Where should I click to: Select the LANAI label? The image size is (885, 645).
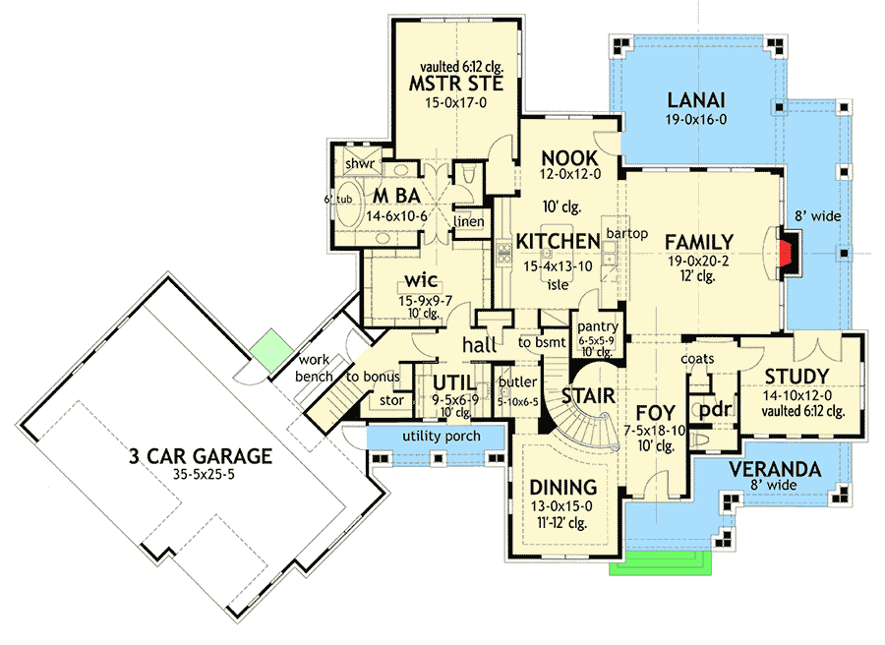[x=696, y=99]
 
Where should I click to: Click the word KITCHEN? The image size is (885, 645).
[x=559, y=242]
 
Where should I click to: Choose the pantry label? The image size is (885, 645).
[x=596, y=324]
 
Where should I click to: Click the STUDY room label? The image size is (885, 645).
[x=796, y=376]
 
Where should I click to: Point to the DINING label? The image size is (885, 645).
[x=564, y=487]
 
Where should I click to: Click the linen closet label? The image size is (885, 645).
[x=469, y=222]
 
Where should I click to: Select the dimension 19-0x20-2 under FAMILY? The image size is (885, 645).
[x=698, y=261]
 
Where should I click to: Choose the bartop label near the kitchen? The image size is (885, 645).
[x=625, y=233]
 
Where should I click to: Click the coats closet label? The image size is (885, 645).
[x=697, y=359]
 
